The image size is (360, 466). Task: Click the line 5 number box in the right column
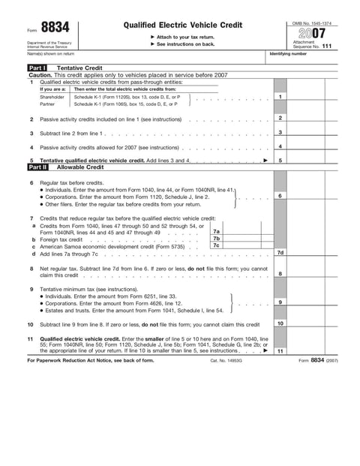pos(279,161)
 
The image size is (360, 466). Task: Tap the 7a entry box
pos(216,232)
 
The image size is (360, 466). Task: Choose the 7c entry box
pos(216,245)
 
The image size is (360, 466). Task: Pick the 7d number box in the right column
pos(279,253)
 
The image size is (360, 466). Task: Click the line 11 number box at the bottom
pos(279,350)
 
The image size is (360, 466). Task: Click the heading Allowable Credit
pos(80,167)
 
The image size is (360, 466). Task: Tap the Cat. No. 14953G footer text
pos(226,361)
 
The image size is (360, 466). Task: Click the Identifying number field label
pos(288,54)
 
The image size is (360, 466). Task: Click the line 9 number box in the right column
pos(279,302)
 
